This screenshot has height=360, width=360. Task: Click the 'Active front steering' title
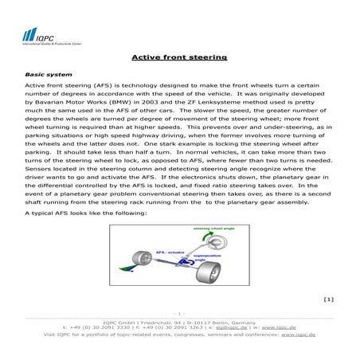coord(179,57)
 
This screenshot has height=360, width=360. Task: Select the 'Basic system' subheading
coord(44,73)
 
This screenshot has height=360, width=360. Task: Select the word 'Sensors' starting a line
coord(40,170)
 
